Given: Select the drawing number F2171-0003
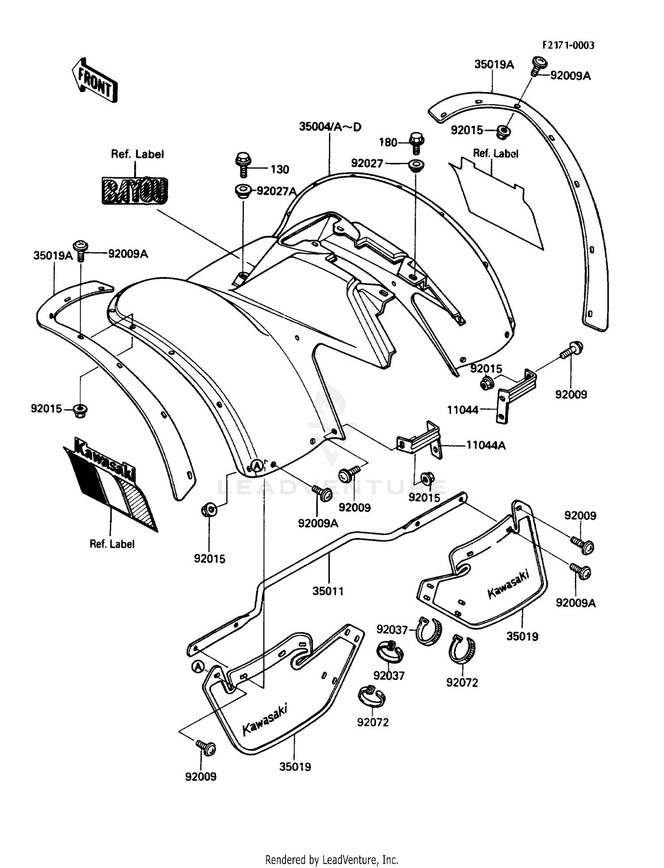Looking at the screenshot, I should tap(568, 45).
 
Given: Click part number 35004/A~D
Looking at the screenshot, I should tap(330, 127).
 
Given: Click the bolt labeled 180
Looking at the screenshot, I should tap(416, 142).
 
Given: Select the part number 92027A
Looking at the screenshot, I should tap(276, 191).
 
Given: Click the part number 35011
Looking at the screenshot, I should tap(328, 591).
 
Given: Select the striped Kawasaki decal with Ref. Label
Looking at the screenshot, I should tap(110, 484).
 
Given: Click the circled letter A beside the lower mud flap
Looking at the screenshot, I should tap(198, 667).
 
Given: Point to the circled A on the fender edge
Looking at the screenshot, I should tap(257, 465).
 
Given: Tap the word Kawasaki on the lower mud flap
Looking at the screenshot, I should tap(264, 719).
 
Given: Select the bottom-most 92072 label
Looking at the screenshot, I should tap(373, 722).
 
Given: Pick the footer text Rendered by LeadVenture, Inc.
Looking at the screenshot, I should tap(332, 860).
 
